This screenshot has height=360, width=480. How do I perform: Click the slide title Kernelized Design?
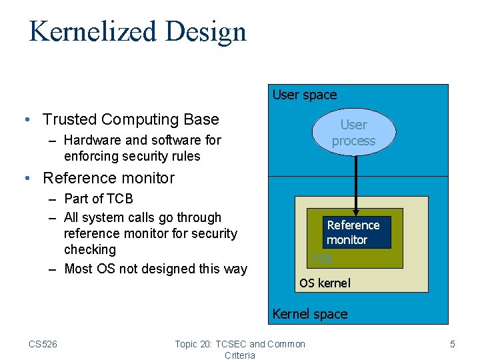137,31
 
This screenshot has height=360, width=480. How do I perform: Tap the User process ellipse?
353,133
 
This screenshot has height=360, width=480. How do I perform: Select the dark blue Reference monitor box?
356,232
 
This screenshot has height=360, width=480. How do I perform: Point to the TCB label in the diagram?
321,259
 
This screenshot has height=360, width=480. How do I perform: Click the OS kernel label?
325,283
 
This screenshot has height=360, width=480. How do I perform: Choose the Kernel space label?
310,313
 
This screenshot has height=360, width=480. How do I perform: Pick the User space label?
305,95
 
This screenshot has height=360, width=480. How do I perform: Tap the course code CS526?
43,344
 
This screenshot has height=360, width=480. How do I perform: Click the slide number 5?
453,344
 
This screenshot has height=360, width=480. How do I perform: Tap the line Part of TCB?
99,199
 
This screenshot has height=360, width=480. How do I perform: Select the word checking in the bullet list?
90,249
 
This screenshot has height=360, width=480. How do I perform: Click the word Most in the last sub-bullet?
79,269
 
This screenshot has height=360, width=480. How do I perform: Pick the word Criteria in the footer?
240,355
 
